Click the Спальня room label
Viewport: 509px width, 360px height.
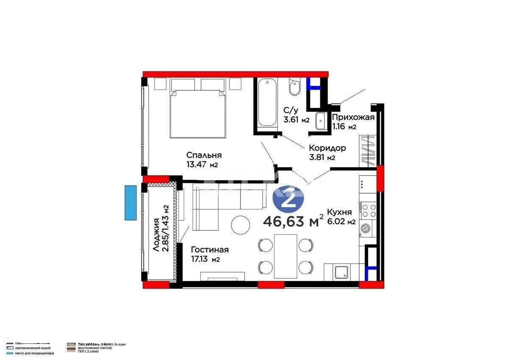(204, 155)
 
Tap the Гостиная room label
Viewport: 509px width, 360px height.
(210, 250)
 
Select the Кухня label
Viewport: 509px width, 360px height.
(339, 212)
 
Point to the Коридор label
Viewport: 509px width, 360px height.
(327, 148)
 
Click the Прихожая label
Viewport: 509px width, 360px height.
(353, 118)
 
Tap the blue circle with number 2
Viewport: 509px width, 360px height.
(289, 200)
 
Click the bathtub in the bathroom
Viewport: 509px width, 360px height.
(267, 102)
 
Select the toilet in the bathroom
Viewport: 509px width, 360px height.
(294, 87)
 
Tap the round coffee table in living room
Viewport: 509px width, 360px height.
(241, 225)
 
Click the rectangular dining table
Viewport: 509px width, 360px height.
(285, 256)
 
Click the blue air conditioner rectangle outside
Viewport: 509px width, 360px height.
(130, 202)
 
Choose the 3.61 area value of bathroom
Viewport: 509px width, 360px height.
(292, 120)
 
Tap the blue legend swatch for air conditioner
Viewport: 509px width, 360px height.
(11, 353)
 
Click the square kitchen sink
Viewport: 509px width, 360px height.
(341, 271)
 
